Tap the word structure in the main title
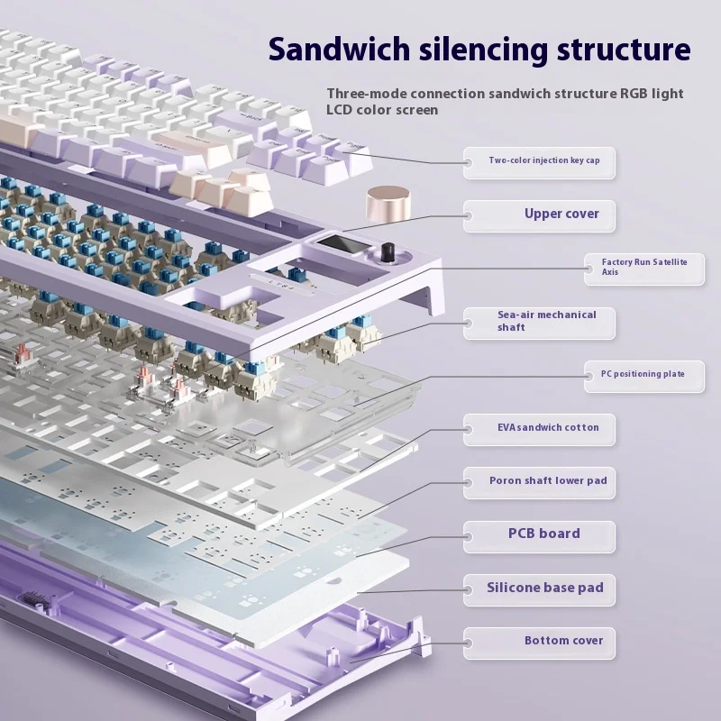[622, 48]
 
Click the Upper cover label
[561, 214]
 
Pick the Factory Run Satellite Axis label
[643, 266]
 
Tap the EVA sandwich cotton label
[547, 427]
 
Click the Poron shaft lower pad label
[547, 480]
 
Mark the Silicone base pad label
[544, 588]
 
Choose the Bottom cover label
[563, 641]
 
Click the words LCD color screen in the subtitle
[382, 110]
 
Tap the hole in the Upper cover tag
[469, 215]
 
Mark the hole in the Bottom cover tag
[469, 642]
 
